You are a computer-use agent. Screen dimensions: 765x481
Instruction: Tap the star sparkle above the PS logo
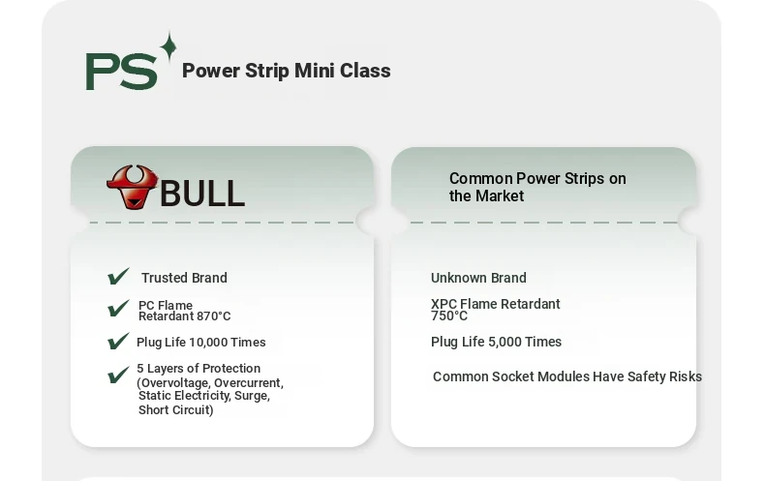pyautogui.click(x=168, y=46)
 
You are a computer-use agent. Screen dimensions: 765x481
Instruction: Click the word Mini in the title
pyautogui.click(x=315, y=71)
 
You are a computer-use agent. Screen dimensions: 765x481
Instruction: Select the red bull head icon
pyautogui.click(x=133, y=188)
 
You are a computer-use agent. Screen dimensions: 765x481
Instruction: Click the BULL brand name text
pyautogui.click(x=202, y=194)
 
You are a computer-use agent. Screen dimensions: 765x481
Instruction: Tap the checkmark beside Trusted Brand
pyautogui.click(x=118, y=276)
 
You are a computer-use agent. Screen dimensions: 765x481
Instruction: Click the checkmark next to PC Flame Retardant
pyautogui.click(x=118, y=309)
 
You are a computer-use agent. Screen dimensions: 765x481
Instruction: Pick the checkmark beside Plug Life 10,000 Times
pyautogui.click(x=118, y=341)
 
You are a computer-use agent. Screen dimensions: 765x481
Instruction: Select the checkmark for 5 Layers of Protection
pyautogui.click(x=118, y=375)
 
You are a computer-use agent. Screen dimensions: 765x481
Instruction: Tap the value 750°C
pyautogui.click(x=449, y=316)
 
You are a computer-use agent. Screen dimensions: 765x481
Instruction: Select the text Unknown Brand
pyautogui.click(x=478, y=278)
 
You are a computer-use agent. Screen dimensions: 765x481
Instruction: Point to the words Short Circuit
pyautogui.click(x=175, y=409)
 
